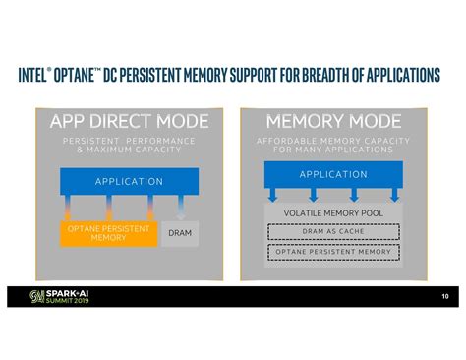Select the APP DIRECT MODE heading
pyautogui.click(x=129, y=122)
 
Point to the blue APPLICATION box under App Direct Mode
pyautogui.click(x=129, y=181)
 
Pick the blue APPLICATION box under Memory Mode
pyautogui.click(x=332, y=174)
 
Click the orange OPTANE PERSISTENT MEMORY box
pyautogui.click(x=108, y=233)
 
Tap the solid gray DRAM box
pyautogui.click(x=180, y=233)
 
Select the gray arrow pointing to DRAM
pyautogui.click(x=180, y=208)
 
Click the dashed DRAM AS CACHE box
pyautogui.click(x=333, y=232)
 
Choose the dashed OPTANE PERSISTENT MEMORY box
pyautogui.click(x=333, y=253)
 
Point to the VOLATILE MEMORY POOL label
pyautogui.click(x=333, y=212)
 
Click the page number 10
pyautogui.click(x=444, y=295)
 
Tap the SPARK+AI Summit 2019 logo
pyautogui.click(x=63, y=295)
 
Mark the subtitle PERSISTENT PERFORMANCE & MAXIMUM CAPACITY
pyautogui.click(x=129, y=146)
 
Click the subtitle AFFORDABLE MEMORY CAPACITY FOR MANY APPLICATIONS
pyautogui.click(x=332, y=146)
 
